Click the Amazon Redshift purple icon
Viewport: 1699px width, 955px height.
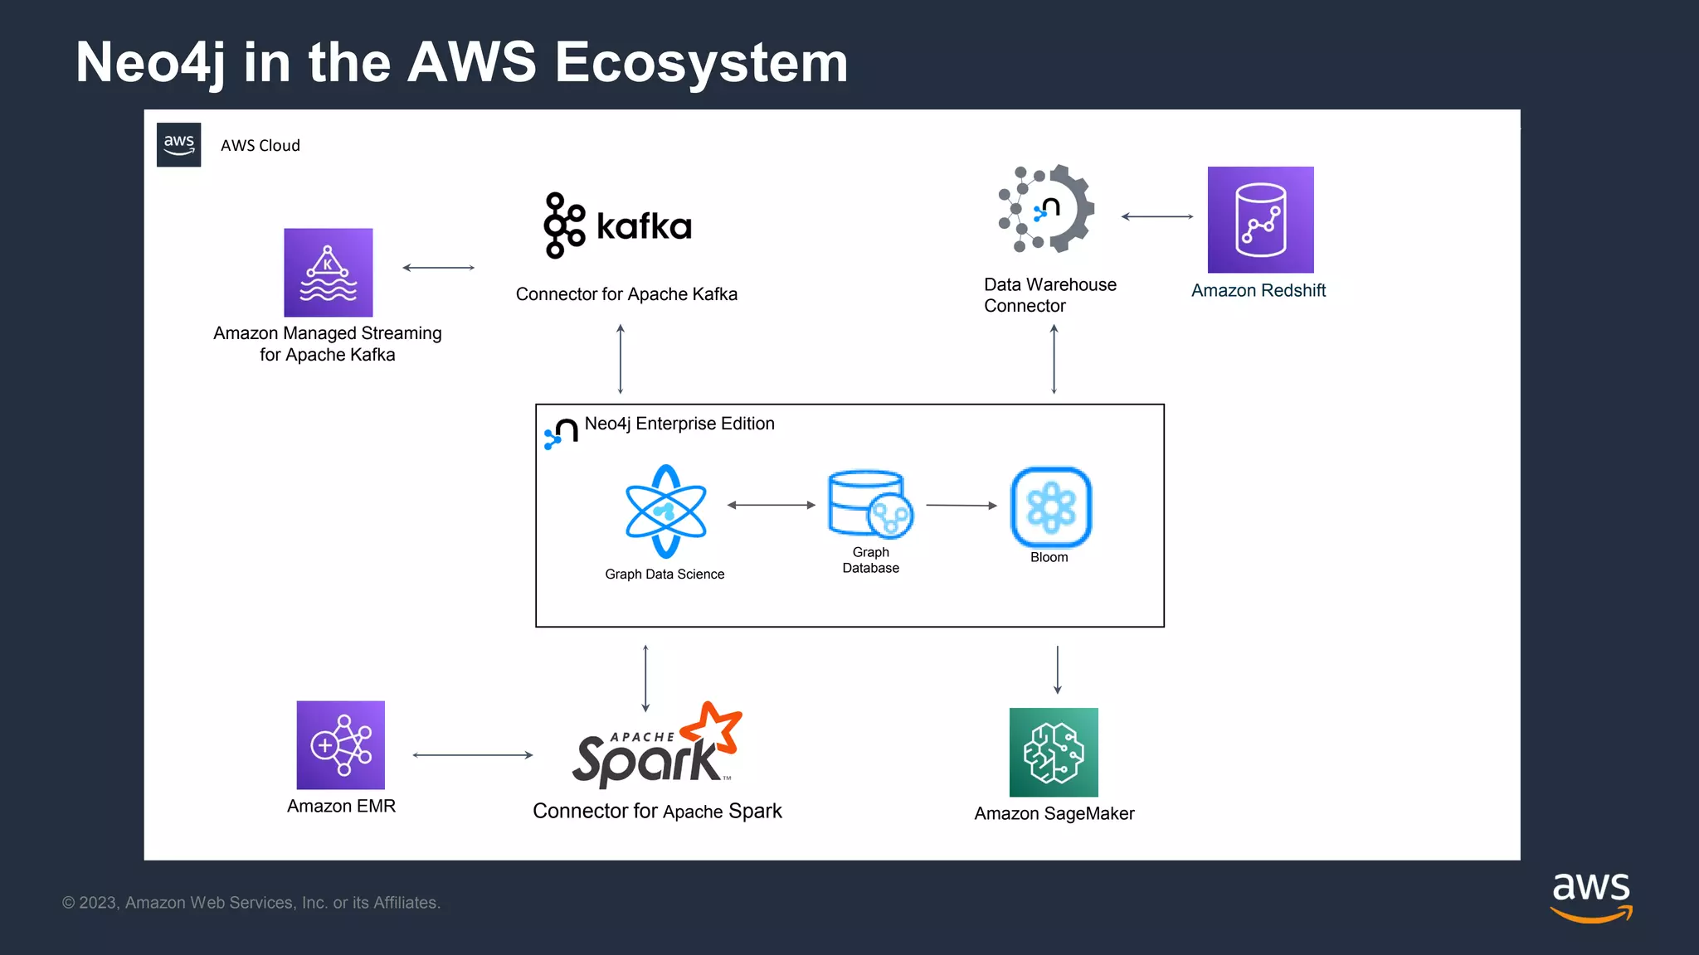point(1260,220)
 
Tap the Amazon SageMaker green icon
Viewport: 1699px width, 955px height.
point(1054,752)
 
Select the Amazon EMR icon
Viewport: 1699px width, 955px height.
point(340,744)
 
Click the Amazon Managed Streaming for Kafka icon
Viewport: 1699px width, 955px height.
point(328,272)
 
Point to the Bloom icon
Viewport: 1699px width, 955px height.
point(1050,507)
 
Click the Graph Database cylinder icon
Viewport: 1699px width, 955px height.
point(869,504)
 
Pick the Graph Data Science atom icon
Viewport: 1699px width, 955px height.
point(665,511)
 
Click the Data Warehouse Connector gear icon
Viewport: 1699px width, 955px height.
point(1048,209)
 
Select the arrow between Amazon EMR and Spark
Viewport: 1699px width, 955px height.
point(472,755)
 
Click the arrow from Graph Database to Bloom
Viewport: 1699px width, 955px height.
point(961,505)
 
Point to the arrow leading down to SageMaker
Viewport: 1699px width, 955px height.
point(1057,669)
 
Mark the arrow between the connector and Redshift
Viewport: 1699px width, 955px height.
point(1156,216)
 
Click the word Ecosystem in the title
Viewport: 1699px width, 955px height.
point(701,62)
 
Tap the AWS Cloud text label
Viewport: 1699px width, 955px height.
point(260,145)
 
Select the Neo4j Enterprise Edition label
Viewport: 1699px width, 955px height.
point(679,424)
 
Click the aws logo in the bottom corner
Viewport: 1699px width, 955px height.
point(1590,896)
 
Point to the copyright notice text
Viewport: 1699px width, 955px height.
point(251,903)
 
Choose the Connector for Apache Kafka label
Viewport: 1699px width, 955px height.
point(626,294)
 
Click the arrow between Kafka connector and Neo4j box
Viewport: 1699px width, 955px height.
point(621,359)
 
